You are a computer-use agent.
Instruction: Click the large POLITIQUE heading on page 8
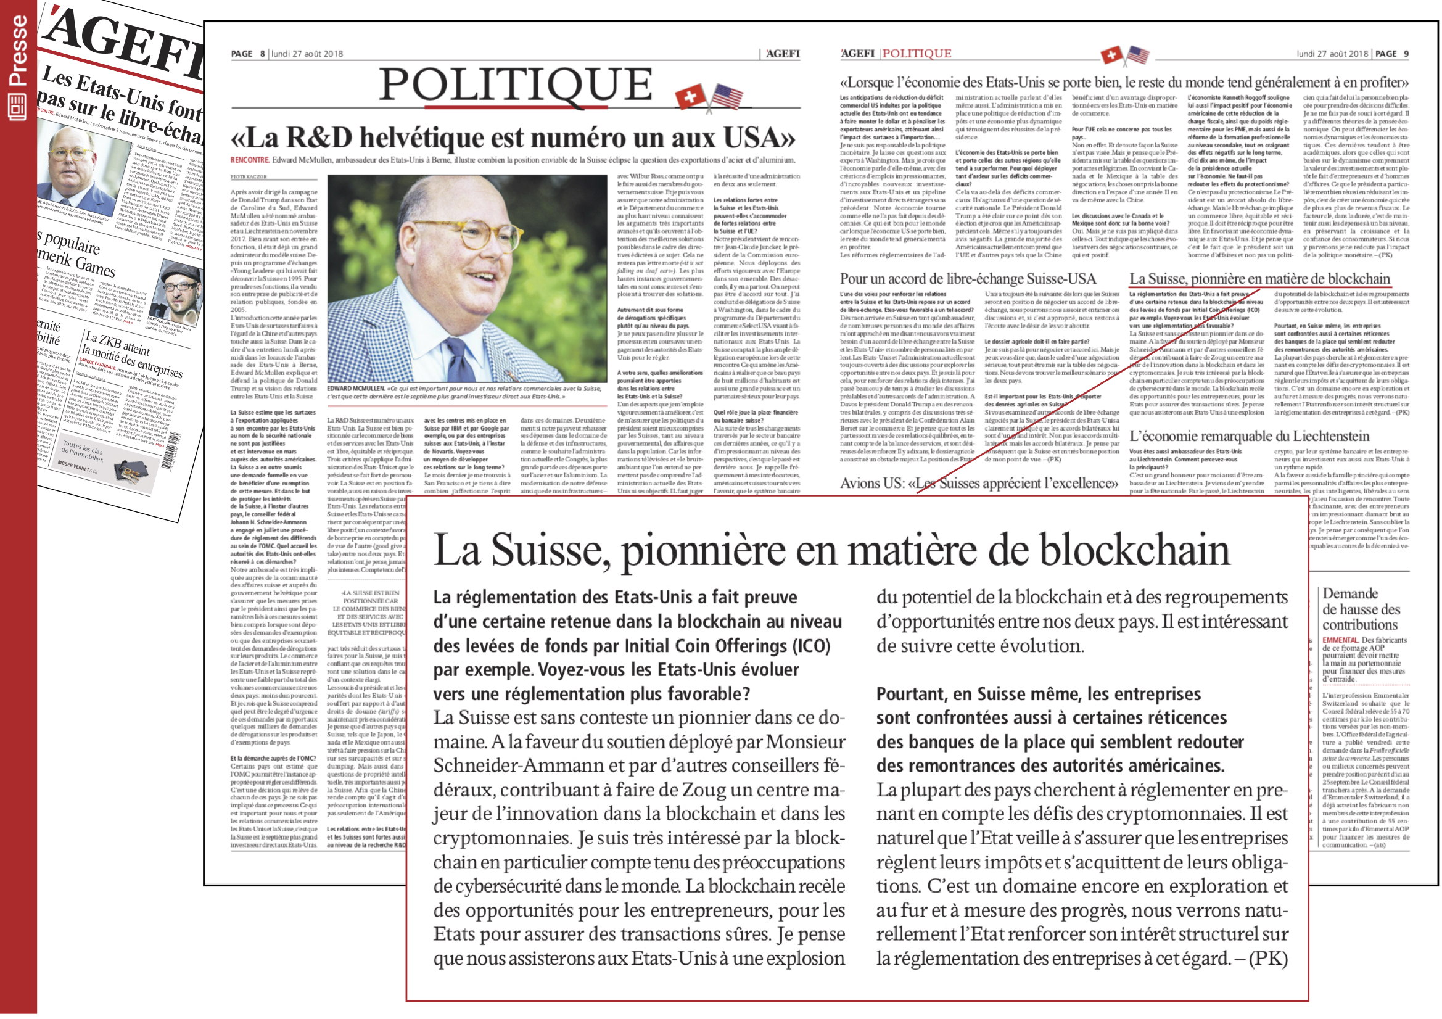coord(515,85)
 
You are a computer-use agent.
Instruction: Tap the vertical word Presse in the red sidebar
coord(18,50)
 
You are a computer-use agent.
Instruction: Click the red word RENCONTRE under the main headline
coord(249,160)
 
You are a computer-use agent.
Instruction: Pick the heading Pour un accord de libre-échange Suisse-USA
coord(968,279)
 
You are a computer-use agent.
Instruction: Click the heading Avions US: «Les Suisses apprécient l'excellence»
coord(979,482)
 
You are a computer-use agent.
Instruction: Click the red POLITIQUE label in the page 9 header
coord(917,54)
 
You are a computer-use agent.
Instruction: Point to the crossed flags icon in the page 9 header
coord(1124,56)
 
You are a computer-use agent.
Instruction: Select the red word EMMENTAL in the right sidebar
coord(1340,640)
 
